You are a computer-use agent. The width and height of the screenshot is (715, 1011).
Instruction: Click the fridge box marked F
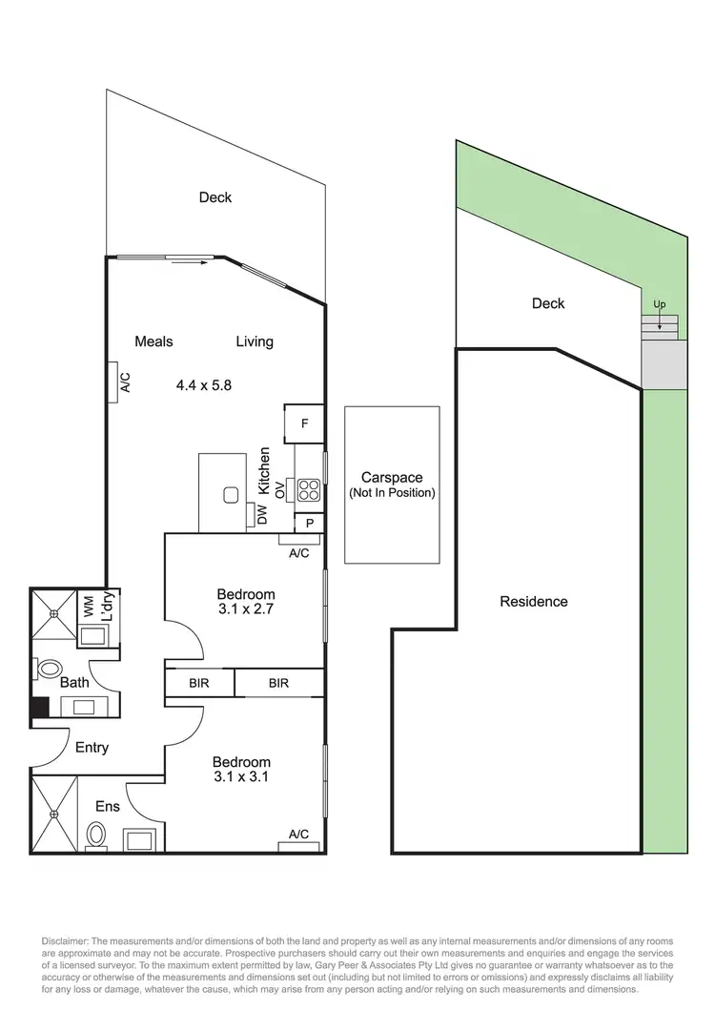(x=304, y=423)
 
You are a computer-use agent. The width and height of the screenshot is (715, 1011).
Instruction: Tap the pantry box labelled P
(x=308, y=523)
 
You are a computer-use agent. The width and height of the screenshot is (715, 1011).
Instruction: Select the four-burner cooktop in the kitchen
(x=308, y=490)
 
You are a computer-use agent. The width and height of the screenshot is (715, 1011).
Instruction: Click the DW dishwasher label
(x=261, y=515)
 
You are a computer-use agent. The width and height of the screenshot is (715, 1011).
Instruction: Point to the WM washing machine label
(x=89, y=607)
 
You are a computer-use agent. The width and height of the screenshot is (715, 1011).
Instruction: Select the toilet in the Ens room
(x=95, y=836)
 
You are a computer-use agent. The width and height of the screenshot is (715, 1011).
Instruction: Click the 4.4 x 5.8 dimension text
(x=204, y=385)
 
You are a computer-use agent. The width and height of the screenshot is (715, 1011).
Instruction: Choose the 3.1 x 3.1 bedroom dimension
(x=241, y=777)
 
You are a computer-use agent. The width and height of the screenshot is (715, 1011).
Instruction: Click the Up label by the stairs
(x=659, y=304)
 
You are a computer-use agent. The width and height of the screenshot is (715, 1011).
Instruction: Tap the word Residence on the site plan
(x=534, y=602)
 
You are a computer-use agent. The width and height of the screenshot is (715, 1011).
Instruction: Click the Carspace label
(x=391, y=478)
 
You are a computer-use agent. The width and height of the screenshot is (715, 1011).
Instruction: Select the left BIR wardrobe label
(x=198, y=684)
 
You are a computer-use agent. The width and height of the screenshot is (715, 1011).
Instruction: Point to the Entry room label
(x=92, y=748)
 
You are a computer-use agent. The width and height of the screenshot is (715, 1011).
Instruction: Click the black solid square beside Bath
(x=40, y=709)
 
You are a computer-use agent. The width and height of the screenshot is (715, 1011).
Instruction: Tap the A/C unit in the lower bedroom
(x=298, y=835)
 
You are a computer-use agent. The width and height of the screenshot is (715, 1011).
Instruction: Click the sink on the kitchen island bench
(x=230, y=494)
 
